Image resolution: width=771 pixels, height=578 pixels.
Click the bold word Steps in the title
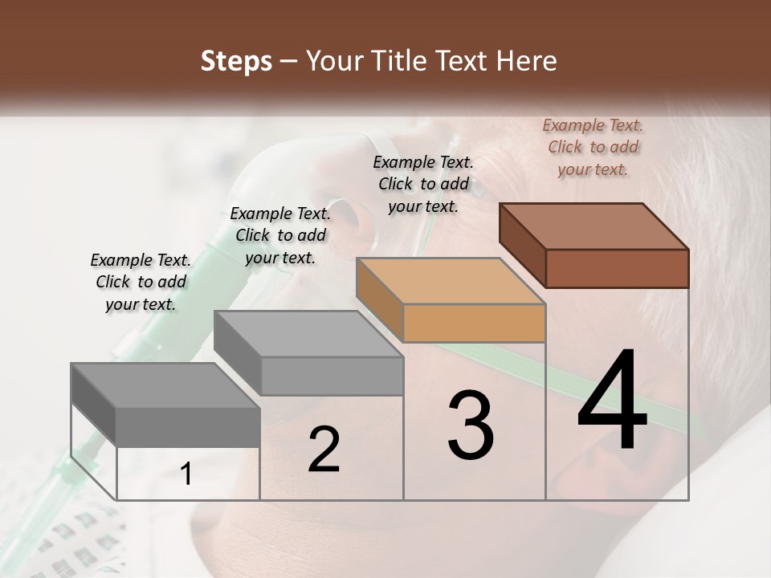click(x=236, y=62)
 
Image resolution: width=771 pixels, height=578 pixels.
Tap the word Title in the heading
click(x=401, y=62)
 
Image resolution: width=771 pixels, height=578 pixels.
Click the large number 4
click(x=612, y=401)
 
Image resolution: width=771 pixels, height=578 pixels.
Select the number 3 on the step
click(x=471, y=425)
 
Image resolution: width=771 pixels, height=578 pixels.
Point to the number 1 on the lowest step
click(x=186, y=474)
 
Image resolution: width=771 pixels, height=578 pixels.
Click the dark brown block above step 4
click(x=594, y=245)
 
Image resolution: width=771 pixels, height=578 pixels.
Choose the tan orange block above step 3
click(x=451, y=300)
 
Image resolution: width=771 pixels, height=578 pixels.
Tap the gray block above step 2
click(x=309, y=353)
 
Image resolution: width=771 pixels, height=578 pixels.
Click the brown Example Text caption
click(x=593, y=147)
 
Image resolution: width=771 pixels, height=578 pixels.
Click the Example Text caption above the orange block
click(x=423, y=184)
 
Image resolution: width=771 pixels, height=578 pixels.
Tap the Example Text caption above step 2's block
click(x=280, y=235)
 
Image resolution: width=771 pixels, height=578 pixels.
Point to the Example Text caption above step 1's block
click(x=141, y=282)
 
